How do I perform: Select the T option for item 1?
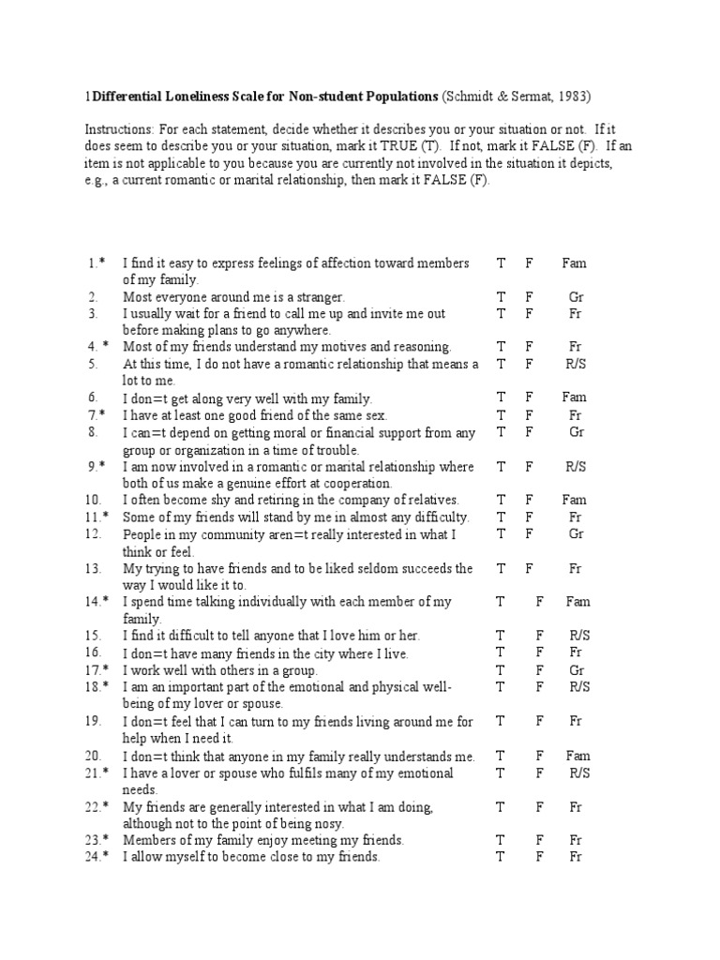pyautogui.click(x=502, y=263)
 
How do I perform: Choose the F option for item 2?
pyautogui.click(x=530, y=297)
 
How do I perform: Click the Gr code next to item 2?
pyautogui.click(x=576, y=297)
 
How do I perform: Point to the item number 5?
pyautogui.click(x=94, y=364)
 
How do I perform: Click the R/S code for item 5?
pyautogui.click(x=575, y=364)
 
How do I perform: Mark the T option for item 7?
pyautogui.click(x=502, y=414)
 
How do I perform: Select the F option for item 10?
pyautogui.click(x=530, y=500)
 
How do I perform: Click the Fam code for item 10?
pyautogui.click(x=575, y=500)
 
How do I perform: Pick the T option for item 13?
pyautogui.click(x=502, y=568)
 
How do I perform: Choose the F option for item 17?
pyautogui.click(x=540, y=670)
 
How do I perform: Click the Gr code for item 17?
pyautogui.click(x=576, y=670)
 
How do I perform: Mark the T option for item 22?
pyautogui.click(x=502, y=806)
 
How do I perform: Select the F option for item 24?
pyautogui.click(x=540, y=857)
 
